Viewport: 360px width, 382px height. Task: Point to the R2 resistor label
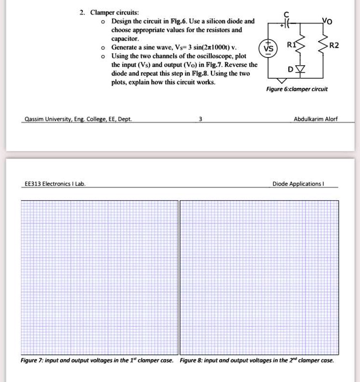point(334,46)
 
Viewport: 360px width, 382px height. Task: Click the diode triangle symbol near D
point(303,69)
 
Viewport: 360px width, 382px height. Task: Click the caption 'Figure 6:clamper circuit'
point(297,89)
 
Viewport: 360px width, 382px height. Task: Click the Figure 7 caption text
point(97,360)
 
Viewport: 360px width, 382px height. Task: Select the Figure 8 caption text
point(256,360)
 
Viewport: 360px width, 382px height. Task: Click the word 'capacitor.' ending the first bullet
point(125,39)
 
